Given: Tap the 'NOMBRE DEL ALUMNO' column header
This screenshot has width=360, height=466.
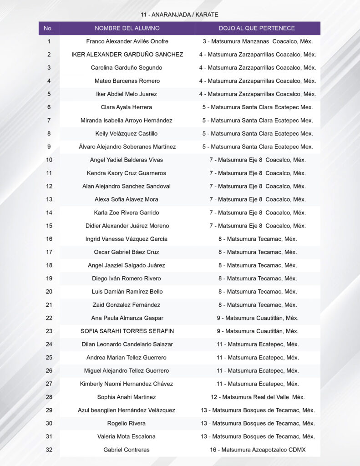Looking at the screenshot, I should [127, 28].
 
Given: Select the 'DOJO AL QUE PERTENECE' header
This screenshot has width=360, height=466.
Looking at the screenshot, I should [257, 28].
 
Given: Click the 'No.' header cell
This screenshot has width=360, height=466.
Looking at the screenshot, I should [49, 28].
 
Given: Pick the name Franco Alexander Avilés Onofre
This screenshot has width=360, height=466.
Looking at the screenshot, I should [127, 41].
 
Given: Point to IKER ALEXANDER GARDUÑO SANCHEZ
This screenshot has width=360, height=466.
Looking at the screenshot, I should [127, 55].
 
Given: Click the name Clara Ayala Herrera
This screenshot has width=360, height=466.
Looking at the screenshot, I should [127, 107].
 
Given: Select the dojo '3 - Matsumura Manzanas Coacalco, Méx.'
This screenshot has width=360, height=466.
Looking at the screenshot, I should [258, 41].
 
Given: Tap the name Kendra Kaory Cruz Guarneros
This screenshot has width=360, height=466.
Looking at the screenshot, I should [127, 173].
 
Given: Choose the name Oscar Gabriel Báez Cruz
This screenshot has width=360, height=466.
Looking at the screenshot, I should [127, 252].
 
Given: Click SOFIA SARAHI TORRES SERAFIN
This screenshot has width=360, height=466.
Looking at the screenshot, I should [127, 331].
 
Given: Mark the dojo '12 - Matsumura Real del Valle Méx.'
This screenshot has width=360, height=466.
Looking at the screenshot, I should [258, 397].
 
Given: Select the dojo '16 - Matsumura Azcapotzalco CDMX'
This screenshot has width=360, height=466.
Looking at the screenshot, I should [258, 450].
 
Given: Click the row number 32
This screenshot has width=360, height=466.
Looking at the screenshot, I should [49, 450].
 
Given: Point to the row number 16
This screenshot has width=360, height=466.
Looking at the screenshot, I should [49, 239].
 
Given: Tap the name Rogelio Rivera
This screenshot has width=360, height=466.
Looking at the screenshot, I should [127, 423].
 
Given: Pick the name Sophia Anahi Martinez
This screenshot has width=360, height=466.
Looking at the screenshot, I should [127, 397].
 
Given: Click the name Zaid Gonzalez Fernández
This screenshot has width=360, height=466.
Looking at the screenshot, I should [127, 305].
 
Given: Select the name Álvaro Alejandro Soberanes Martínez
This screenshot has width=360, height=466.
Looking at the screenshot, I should [127, 147].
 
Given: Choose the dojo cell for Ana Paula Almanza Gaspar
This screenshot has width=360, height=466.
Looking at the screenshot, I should [258, 318].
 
